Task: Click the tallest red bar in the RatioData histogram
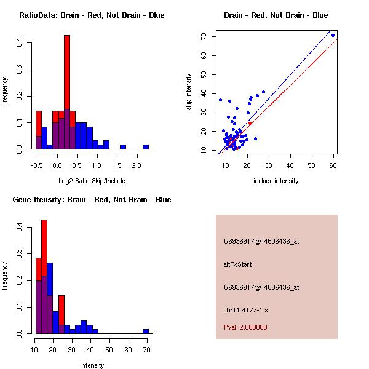[66, 92]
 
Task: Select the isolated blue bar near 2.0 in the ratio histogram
[146, 147]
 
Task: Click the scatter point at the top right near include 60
[333, 36]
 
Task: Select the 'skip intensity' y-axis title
[189, 92]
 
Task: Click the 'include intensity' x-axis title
[277, 181]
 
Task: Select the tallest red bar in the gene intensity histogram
[44, 277]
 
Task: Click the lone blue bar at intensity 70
[146, 331]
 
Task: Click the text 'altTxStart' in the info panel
[238, 264]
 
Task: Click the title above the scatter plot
[276, 15]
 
